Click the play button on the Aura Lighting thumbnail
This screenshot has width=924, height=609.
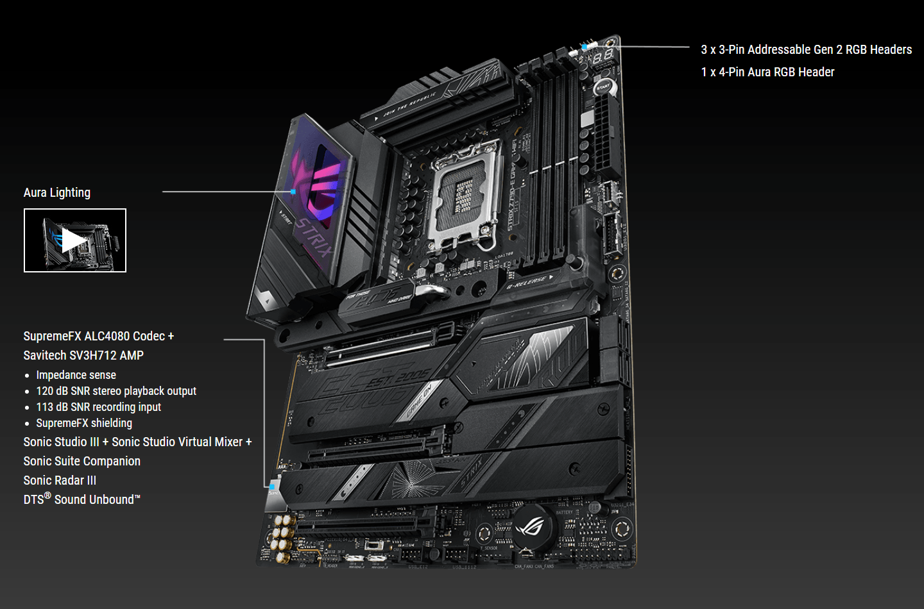pos(74,240)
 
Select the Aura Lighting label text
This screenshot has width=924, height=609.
pos(57,192)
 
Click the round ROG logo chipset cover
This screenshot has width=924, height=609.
pos(531,526)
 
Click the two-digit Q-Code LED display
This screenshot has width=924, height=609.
pos(603,56)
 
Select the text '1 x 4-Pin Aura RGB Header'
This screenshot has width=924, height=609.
pos(767,72)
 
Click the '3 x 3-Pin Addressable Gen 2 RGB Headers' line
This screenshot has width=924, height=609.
pos(806,50)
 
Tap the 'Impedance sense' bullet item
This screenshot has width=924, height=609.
pos(76,375)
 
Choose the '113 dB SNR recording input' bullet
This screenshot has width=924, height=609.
pos(98,407)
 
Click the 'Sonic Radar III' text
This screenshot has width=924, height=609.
pos(60,480)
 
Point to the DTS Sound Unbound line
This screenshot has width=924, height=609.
pos(81,499)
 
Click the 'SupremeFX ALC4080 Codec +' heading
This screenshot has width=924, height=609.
pos(98,336)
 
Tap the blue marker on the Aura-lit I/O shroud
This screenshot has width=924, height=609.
pos(293,192)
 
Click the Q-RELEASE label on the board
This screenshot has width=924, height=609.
pos(528,282)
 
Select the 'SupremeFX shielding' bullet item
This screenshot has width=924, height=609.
pos(84,423)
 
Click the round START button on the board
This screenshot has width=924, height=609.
pos(603,87)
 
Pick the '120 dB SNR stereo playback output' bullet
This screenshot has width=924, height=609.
pos(116,391)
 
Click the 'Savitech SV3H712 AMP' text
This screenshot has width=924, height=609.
pos(83,355)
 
